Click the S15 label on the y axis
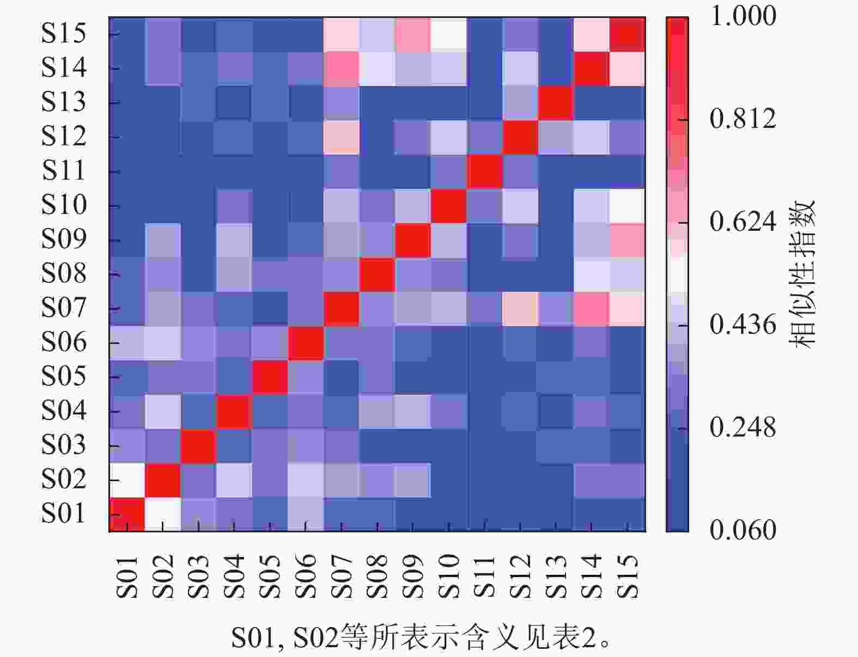[64, 34]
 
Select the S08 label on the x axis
[377, 576]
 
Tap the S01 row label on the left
[64, 514]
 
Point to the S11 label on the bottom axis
[484, 576]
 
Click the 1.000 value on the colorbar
[743, 16]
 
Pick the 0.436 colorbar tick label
[743, 325]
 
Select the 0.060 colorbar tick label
[743, 530]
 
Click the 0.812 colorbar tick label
[743, 119]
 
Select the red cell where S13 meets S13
[556, 103]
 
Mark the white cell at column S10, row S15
[448, 34]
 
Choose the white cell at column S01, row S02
[127, 480]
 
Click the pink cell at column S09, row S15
[413, 34]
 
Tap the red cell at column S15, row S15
[628, 34]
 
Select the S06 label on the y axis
[64, 342]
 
